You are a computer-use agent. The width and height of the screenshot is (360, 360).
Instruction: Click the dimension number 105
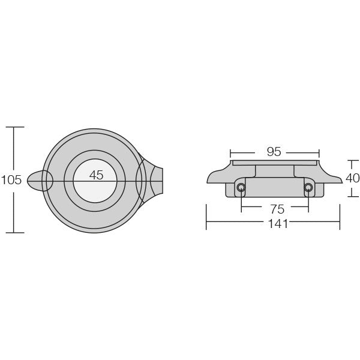pos(11,179)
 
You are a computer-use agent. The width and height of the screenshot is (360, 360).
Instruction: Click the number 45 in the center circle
pos(96,175)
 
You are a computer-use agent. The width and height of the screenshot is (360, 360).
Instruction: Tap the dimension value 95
pos(274,152)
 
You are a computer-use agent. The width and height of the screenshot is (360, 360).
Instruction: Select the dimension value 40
pos(353,178)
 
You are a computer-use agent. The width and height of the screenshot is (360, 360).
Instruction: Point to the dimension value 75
pos(277,209)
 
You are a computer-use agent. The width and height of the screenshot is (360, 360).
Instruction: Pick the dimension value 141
pos(278,223)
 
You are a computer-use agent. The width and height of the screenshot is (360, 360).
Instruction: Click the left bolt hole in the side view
pos(241,188)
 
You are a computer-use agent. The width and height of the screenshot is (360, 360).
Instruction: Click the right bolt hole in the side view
pos(308,188)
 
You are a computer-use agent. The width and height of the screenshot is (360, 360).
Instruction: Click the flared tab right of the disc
pos(153,180)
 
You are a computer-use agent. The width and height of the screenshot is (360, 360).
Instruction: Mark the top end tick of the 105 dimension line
pos(14,127)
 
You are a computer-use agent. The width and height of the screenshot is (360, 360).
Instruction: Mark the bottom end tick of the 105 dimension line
pos(14,232)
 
